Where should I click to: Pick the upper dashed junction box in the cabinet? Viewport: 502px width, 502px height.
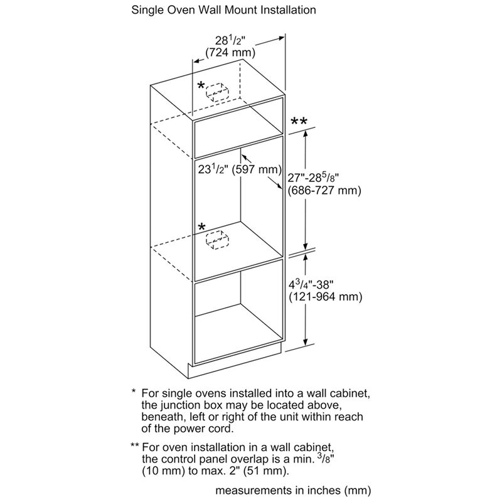pos(216,93)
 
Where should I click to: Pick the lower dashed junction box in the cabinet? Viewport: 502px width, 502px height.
pos(218,240)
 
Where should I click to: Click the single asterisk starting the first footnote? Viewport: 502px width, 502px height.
pos(133,392)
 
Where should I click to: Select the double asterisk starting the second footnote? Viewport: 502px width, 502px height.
pos(134,447)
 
